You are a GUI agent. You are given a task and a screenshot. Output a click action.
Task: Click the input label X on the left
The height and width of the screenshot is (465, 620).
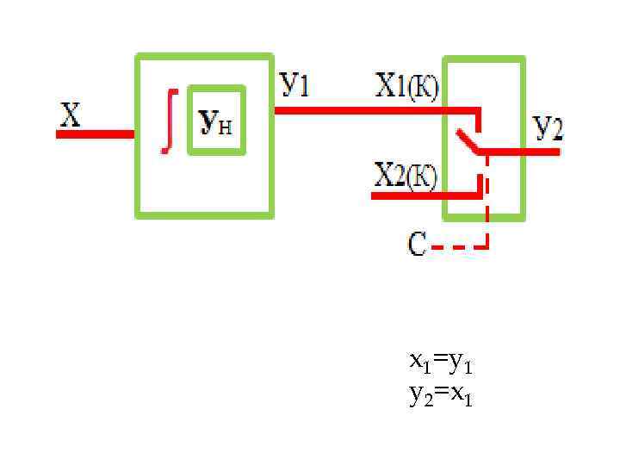70,115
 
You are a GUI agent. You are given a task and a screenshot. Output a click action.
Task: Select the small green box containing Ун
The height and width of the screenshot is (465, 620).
217,120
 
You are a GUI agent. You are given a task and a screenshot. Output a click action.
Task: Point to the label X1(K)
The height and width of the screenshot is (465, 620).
406,87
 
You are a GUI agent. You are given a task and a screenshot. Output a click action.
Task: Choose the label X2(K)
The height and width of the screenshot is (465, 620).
406,176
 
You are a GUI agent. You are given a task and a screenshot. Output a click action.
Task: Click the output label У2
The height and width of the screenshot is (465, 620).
548,127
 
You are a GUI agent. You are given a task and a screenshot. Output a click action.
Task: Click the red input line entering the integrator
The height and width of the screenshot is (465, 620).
96,134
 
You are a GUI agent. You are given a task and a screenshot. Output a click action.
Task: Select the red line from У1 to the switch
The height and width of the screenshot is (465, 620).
370,110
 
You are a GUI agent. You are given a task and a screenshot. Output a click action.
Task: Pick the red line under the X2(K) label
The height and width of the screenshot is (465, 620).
422,196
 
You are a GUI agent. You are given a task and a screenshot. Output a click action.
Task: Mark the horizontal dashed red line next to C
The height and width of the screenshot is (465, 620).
456,247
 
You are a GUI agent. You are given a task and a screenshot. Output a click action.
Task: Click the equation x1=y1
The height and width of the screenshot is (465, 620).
441,364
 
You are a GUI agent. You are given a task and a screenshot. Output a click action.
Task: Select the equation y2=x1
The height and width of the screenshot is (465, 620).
441,395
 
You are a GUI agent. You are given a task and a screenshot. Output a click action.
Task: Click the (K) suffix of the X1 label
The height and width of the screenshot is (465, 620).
422,88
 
